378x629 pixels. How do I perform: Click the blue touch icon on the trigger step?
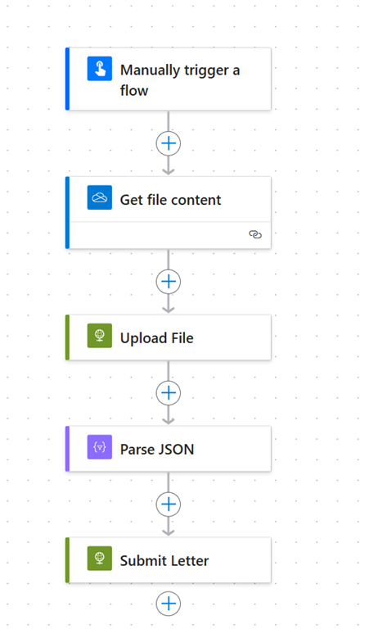(100, 69)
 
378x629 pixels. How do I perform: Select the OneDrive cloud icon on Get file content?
(100, 197)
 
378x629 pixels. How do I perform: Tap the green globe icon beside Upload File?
(100, 335)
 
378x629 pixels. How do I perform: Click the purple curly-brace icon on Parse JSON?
(100, 447)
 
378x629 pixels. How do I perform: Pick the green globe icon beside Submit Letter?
(100, 558)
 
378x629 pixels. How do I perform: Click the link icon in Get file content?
(255, 234)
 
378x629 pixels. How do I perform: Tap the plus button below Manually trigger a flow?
(169, 143)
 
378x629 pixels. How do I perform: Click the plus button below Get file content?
(169, 282)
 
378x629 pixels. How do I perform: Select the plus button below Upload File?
(169, 393)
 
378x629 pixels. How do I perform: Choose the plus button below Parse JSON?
(169, 505)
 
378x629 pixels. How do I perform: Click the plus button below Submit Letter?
(169, 604)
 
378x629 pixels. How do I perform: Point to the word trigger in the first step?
(206, 71)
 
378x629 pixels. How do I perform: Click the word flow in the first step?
(134, 91)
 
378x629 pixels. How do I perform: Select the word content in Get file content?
(197, 200)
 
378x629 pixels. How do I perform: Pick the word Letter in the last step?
(189, 561)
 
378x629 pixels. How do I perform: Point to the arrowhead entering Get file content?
(169, 171)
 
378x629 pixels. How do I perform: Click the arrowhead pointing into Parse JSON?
(169, 421)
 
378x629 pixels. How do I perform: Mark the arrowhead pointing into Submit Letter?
(169, 532)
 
